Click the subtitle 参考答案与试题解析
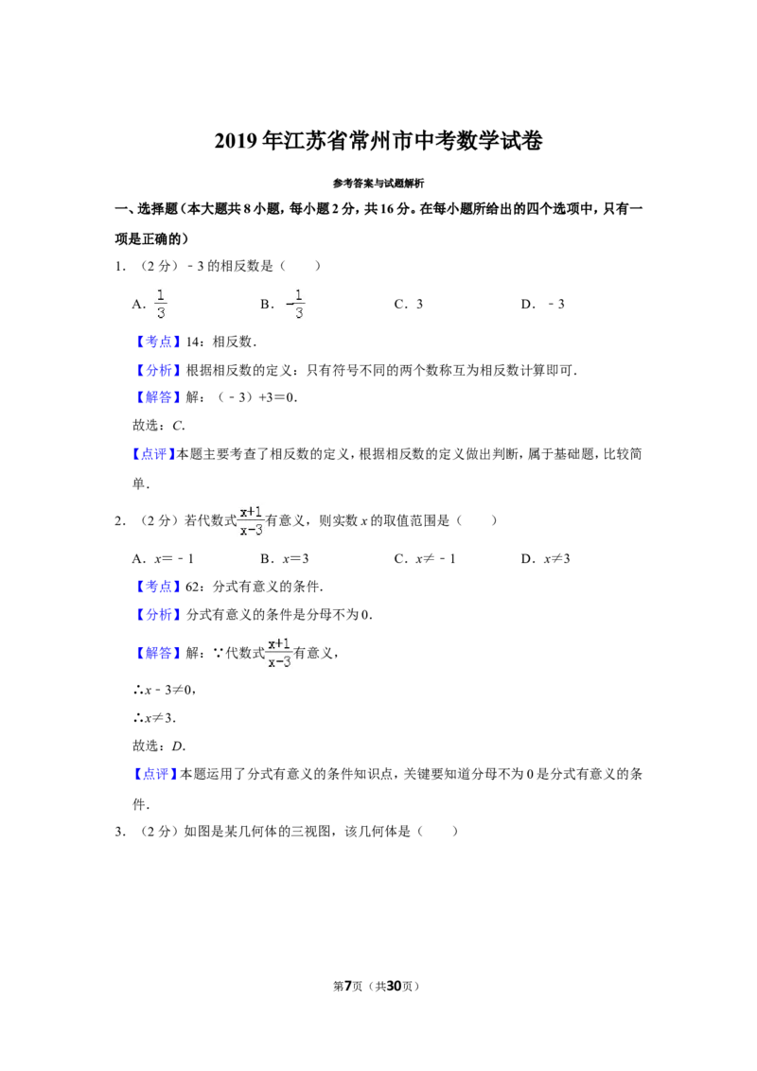(378, 183)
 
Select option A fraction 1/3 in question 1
(150, 304)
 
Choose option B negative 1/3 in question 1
(282, 304)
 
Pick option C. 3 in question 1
(409, 304)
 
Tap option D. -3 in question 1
(542, 304)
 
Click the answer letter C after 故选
(178, 426)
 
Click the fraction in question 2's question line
(251, 520)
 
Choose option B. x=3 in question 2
(284, 559)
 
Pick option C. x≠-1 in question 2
(425, 559)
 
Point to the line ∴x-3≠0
(165, 690)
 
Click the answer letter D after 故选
(178, 746)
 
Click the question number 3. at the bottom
(120, 832)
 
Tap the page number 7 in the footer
(348, 986)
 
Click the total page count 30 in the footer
(394, 986)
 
